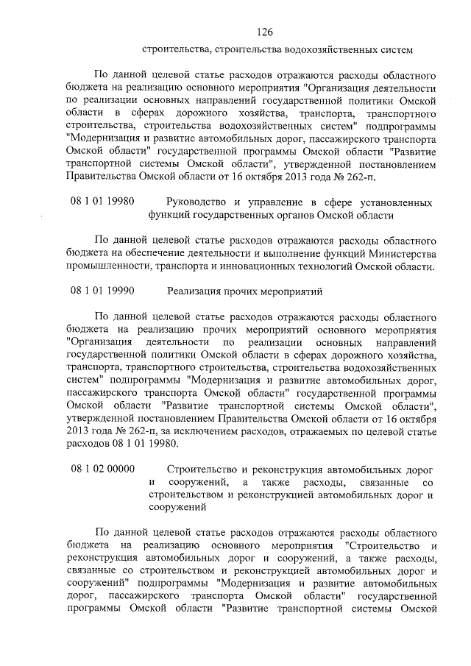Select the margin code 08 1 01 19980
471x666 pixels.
pos(102,202)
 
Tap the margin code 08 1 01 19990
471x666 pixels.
pos(102,291)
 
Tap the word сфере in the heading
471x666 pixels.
pos(341,202)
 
